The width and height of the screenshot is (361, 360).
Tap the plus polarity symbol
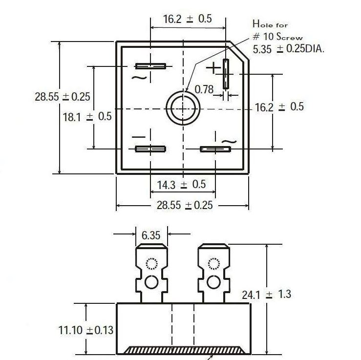click(x=213, y=68)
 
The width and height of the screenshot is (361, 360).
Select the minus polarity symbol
click(x=139, y=137)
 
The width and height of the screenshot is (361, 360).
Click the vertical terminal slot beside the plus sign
click(x=226, y=74)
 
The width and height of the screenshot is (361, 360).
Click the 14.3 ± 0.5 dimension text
click(x=182, y=185)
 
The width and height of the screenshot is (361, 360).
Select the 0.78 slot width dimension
click(x=204, y=89)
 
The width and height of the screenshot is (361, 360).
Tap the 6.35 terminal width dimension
click(x=151, y=235)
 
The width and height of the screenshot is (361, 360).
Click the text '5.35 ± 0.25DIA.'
click(x=289, y=49)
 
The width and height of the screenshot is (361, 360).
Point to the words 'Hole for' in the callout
click(x=270, y=24)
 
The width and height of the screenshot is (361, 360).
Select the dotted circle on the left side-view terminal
click(x=151, y=264)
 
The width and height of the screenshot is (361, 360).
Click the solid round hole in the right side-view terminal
click(x=213, y=282)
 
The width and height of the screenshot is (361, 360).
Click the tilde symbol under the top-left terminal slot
click(x=139, y=78)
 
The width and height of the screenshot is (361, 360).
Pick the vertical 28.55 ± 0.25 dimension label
click(x=63, y=97)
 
